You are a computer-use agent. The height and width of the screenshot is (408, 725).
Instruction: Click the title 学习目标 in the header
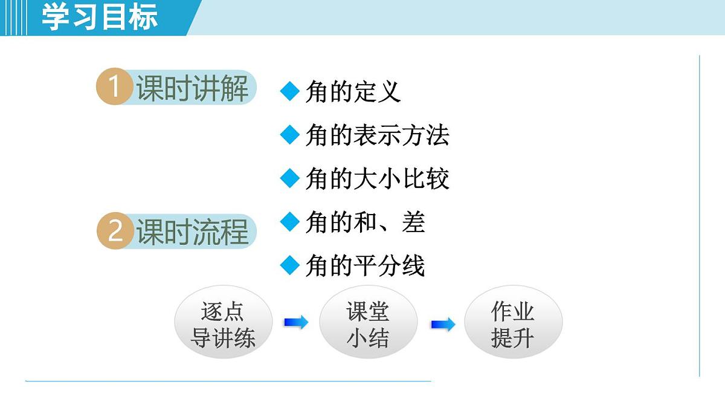click(x=100, y=17)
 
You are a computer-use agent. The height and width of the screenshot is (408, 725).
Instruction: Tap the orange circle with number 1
click(x=114, y=87)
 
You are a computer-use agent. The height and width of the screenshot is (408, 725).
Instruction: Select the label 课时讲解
click(x=192, y=88)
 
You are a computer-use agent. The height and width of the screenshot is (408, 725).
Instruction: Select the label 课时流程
click(x=192, y=232)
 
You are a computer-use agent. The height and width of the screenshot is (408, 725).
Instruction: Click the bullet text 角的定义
click(x=353, y=92)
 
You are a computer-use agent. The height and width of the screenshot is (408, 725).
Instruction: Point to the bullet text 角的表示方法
click(x=377, y=135)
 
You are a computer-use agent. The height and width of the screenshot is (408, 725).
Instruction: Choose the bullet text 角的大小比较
click(x=377, y=179)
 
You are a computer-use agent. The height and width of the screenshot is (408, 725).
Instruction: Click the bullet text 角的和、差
click(x=365, y=222)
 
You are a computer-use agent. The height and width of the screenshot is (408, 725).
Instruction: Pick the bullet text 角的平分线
click(x=365, y=266)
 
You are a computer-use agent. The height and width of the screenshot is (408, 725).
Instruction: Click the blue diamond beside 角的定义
click(x=291, y=91)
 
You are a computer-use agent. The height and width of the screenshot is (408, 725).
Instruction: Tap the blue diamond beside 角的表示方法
click(x=291, y=135)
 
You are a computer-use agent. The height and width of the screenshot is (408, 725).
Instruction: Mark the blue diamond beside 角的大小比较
click(x=291, y=178)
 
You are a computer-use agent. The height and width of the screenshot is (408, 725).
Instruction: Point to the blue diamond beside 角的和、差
click(x=291, y=222)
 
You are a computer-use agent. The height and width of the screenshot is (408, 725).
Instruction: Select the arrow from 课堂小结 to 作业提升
click(x=443, y=325)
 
